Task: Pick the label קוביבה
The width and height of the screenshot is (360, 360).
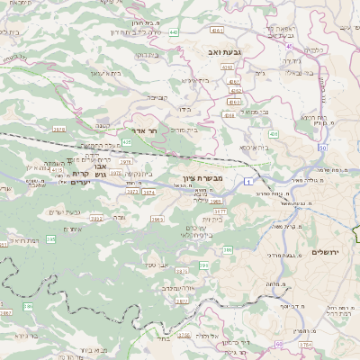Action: click(x=157, y=98)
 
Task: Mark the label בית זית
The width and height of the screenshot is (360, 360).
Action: click(x=212, y=219)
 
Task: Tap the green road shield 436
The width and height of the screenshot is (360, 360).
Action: click(x=272, y=132)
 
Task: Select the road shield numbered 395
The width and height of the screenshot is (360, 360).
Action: click(x=50, y=239)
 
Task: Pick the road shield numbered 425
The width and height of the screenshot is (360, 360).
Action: click(x=127, y=141)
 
